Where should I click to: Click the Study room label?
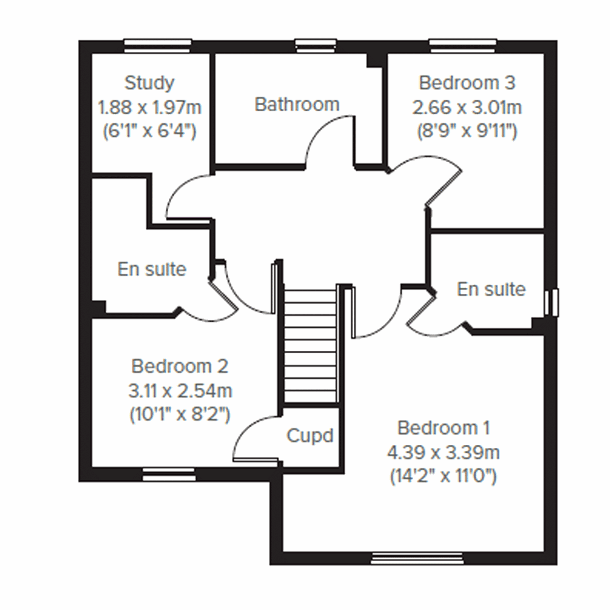(x=149, y=82)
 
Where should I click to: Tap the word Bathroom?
(x=297, y=104)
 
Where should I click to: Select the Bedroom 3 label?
(x=467, y=82)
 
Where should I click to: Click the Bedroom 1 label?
(x=443, y=428)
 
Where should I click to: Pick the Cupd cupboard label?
(x=310, y=436)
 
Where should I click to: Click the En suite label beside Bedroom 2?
(x=151, y=269)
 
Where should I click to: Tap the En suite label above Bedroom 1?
(x=491, y=289)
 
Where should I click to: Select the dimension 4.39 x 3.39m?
(x=443, y=452)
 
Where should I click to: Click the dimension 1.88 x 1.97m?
(x=149, y=107)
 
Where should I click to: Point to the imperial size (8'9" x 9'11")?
(x=467, y=132)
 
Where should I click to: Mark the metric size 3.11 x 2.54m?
(x=180, y=390)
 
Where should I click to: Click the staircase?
(x=311, y=346)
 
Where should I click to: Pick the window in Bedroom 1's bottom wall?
(x=417, y=559)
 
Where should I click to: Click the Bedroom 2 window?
(x=169, y=475)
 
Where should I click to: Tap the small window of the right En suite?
(x=551, y=302)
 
